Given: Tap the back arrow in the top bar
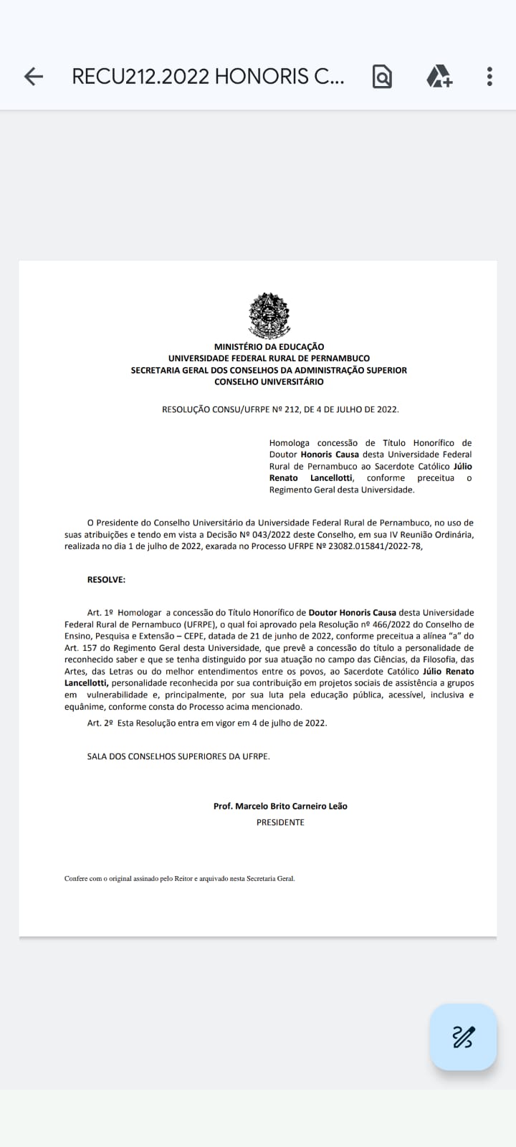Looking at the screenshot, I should tap(33, 77).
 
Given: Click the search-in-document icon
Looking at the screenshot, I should tap(382, 77).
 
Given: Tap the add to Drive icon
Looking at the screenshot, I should tap(439, 77).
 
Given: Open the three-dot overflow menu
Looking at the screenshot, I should tap(489, 77).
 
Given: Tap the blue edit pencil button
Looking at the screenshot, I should tap(463, 1037).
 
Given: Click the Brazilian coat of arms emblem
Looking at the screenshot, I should tap(269, 315).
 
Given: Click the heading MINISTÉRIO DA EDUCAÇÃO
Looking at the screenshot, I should tap(269, 347).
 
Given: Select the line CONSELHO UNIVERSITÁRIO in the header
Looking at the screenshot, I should tap(269, 382).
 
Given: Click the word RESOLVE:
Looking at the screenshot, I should tap(106, 579).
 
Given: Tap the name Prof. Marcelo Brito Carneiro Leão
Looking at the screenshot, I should tap(280, 806).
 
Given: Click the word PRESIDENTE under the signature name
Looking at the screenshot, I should tap(280, 822).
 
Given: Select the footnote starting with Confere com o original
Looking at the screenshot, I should tap(179, 878).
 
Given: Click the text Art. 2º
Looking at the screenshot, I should tap(100, 723).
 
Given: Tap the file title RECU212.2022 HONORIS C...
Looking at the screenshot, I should tap(208, 77).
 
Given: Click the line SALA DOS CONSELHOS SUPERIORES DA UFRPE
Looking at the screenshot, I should tap(178, 756).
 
